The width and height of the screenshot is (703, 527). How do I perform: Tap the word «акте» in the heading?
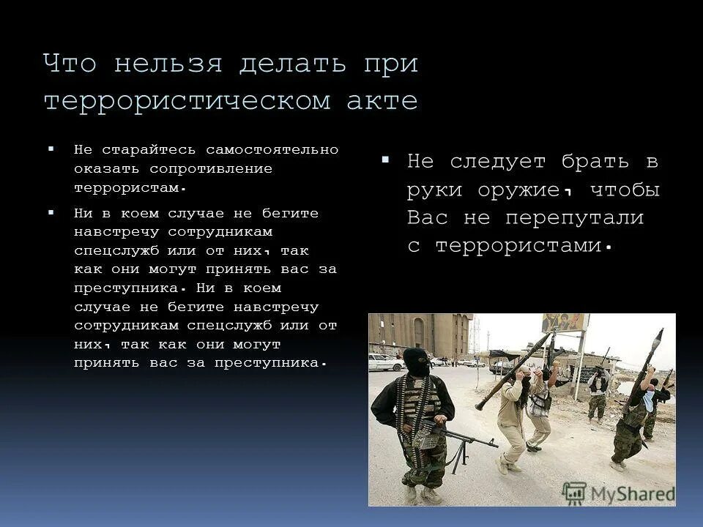tap(382, 101)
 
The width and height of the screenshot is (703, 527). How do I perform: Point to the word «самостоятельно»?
tap(272, 150)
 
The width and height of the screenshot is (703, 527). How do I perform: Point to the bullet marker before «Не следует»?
tap(386, 160)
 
